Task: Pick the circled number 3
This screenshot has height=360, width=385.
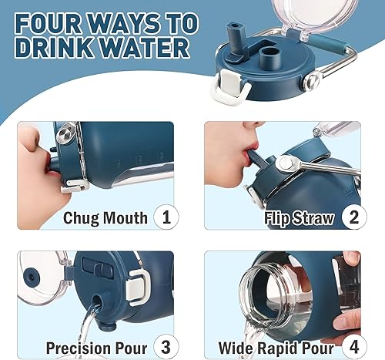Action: point(164,345)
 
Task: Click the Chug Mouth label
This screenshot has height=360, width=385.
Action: point(105,218)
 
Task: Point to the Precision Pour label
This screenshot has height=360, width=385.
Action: point(96,346)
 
